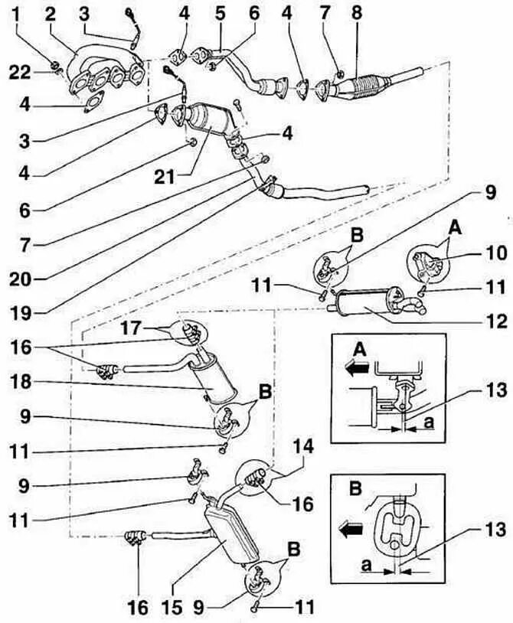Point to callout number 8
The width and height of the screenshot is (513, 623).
(355, 13)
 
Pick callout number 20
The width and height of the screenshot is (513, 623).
(21, 279)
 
